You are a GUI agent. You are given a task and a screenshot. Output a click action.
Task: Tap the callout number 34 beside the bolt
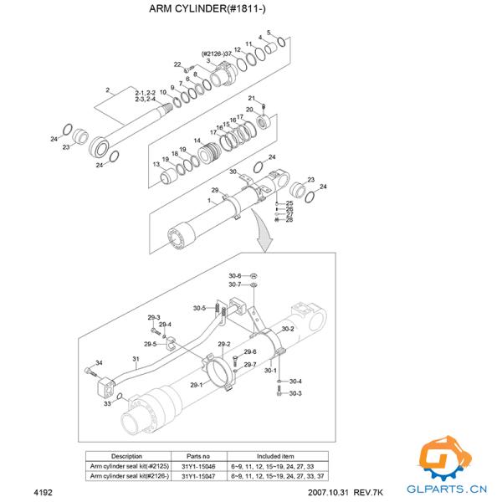(99, 362)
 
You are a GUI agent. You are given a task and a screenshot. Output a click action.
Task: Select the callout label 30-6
(234, 276)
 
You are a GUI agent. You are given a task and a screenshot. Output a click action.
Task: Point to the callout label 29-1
(197, 385)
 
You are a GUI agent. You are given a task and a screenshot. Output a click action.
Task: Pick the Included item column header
(269, 457)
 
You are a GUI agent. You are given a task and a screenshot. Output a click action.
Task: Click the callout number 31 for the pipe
(136, 358)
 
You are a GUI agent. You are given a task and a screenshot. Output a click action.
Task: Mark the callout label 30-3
(295, 393)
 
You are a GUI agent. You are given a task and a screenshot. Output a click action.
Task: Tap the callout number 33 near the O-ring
(107, 404)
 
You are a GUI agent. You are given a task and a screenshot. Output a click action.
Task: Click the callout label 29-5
(151, 344)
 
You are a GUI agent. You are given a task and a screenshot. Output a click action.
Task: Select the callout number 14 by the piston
(197, 141)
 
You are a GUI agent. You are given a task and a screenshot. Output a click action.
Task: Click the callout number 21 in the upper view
(251, 99)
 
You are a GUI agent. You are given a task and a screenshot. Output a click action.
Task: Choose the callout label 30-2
(287, 330)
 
